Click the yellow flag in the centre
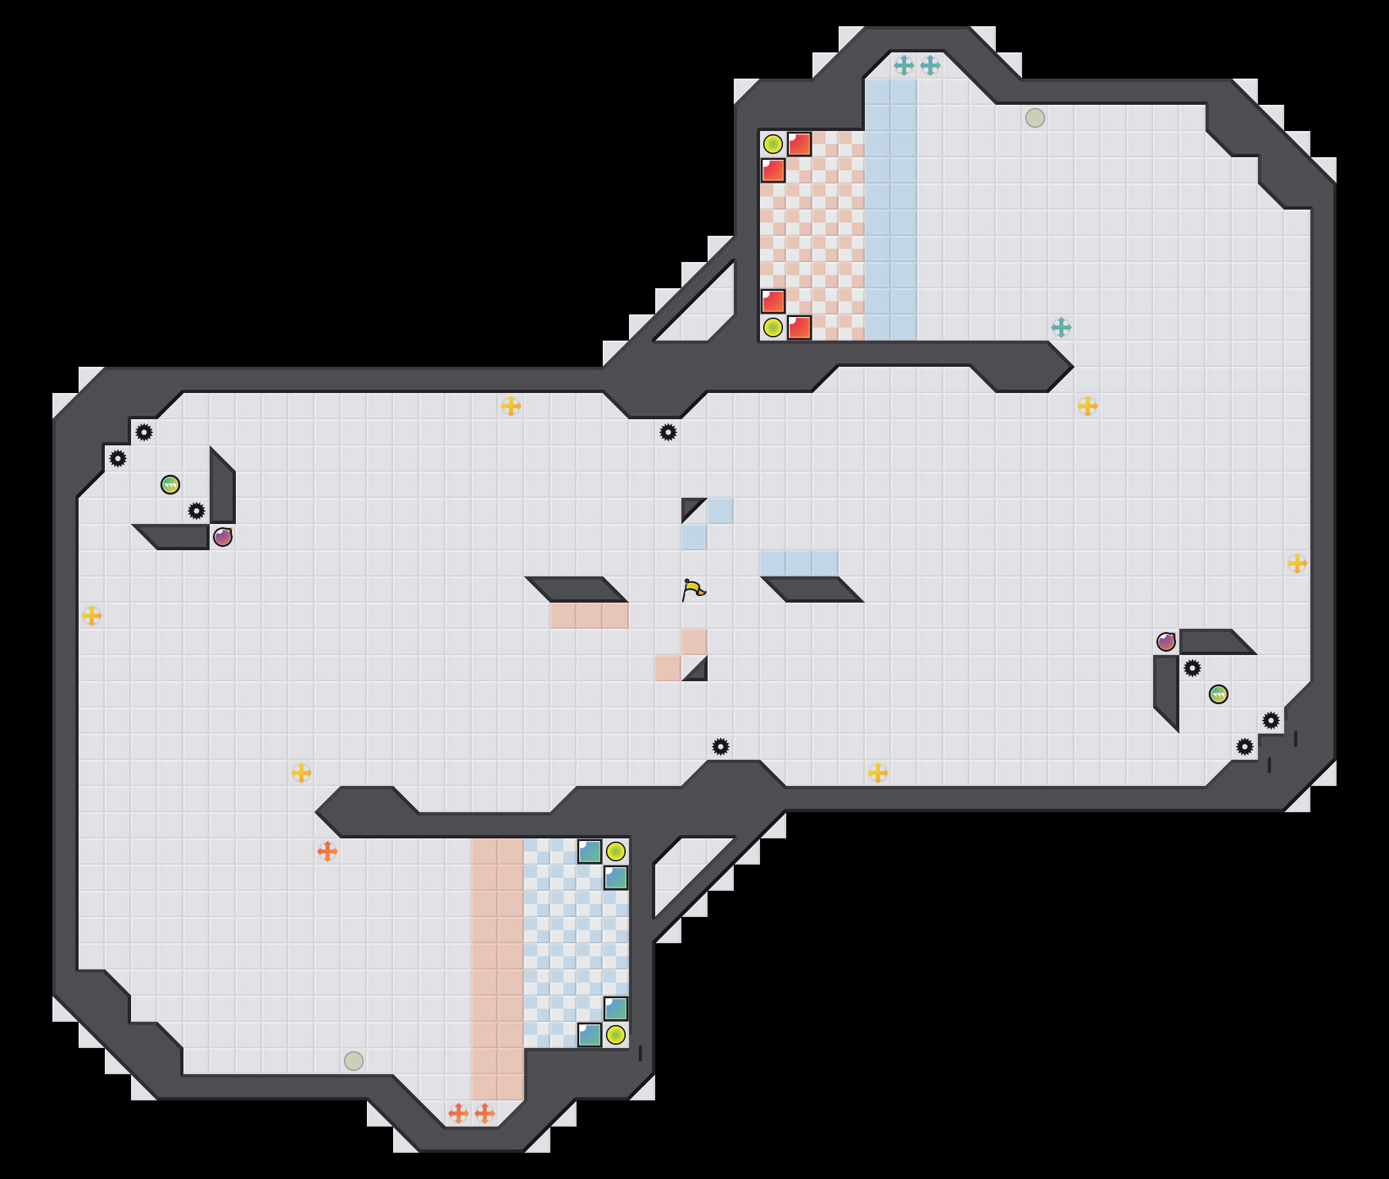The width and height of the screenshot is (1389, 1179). tap(694, 589)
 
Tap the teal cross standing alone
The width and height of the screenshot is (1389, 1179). tap(1061, 327)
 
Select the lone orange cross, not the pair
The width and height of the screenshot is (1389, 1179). tap(327, 851)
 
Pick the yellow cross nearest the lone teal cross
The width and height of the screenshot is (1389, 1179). tap(1087, 405)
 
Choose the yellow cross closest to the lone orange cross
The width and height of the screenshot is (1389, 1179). tap(301, 773)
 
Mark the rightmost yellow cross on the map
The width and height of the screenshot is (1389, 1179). tap(1297, 563)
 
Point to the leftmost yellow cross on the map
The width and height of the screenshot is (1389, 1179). tap(92, 616)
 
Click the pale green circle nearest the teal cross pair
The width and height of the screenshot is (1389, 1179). tap(1035, 118)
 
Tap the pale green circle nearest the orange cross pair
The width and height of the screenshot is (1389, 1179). tap(354, 1060)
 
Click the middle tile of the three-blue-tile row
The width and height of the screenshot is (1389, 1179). tap(799, 563)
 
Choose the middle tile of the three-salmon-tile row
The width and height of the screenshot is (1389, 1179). tap(589, 616)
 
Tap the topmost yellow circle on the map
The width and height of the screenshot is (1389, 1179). tap(772, 143)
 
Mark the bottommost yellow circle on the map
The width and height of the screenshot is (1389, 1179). tap(616, 1035)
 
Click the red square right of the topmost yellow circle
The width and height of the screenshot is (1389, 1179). tap(799, 143)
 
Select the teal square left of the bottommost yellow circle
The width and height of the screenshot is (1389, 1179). tap(589, 1035)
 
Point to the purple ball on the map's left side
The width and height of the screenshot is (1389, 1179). tap(223, 536)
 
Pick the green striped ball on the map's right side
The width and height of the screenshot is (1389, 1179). tap(1218, 694)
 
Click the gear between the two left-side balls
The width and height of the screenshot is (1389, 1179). tap(196, 512)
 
